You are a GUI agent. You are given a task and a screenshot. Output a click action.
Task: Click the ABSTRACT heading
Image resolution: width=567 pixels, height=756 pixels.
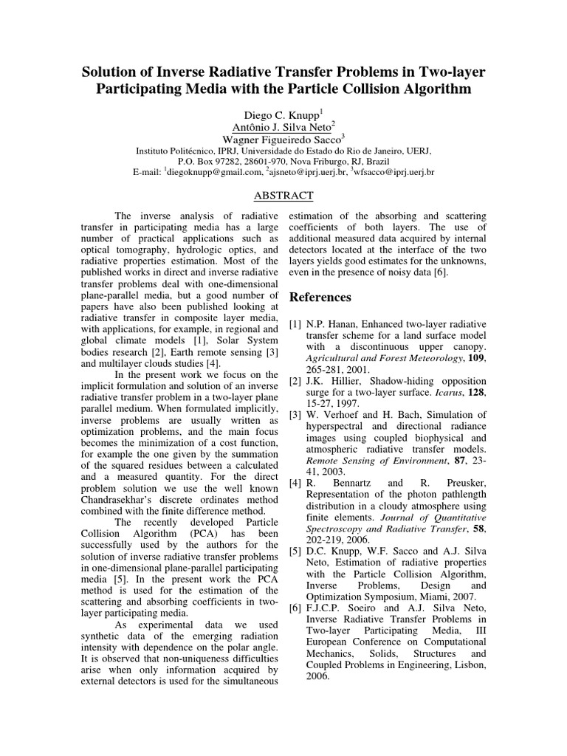pos(283,196)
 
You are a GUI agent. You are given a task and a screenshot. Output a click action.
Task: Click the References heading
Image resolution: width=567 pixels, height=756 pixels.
pos(320,297)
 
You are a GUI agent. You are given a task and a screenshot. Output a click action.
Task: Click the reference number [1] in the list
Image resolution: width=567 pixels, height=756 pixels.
pos(295,324)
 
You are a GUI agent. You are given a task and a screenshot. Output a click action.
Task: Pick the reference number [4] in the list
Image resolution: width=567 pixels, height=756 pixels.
pos(295,483)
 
